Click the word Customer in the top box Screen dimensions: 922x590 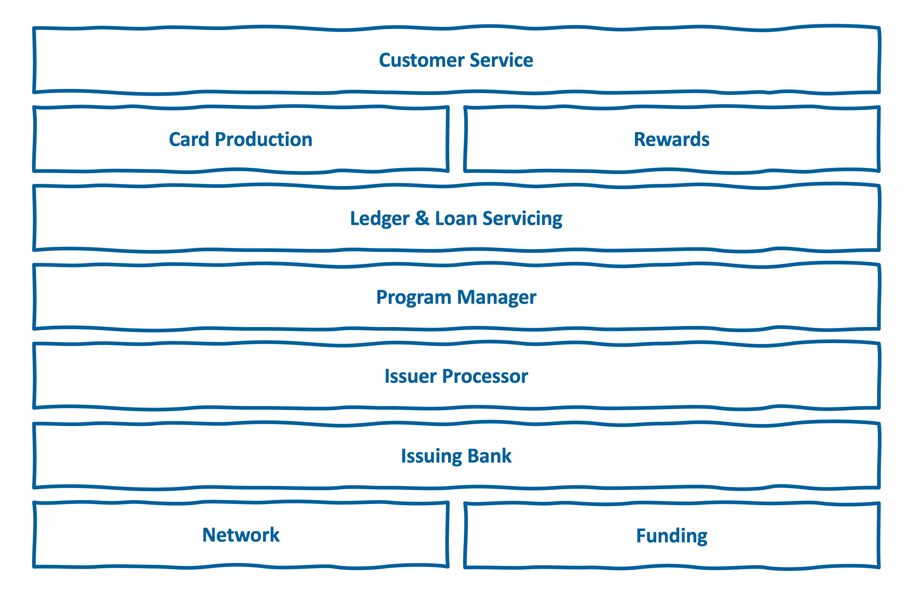pyautogui.click(x=422, y=60)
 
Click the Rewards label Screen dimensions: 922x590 pyautogui.click(x=672, y=139)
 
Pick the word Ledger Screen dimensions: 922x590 pyautogui.click(x=380, y=219)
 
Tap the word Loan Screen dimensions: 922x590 pyautogui.click(x=456, y=218)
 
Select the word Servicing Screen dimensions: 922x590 pyautogui.click(x=522, y=219)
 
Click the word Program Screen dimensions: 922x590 pyautogui.click(x=414, y=298)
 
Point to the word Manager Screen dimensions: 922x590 pyautogui.click(x=497, y=298)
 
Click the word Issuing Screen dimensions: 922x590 pyautogui.click(x=432, y=457)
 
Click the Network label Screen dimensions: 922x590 pyautogui.click(x=241, y=535)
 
